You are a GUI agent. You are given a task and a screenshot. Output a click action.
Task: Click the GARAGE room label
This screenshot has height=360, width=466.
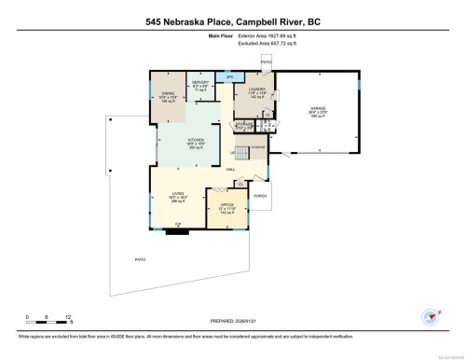pyautogui.click(x=318, y=107)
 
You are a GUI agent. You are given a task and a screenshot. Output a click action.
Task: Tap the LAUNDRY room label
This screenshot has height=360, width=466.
pyautogui.click(x=257, y=90)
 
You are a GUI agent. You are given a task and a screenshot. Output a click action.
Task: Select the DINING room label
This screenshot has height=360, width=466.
pyautogui.click(x=167, y=94)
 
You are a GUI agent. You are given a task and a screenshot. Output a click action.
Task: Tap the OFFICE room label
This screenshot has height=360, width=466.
pyautogui.click(x=226, y=205)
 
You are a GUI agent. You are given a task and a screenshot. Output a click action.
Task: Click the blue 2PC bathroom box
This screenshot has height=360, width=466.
pyautogui.click(x=227, y=76)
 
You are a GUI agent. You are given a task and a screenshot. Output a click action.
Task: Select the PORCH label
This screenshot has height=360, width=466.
pyautogui.click(x=260, y=196)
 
